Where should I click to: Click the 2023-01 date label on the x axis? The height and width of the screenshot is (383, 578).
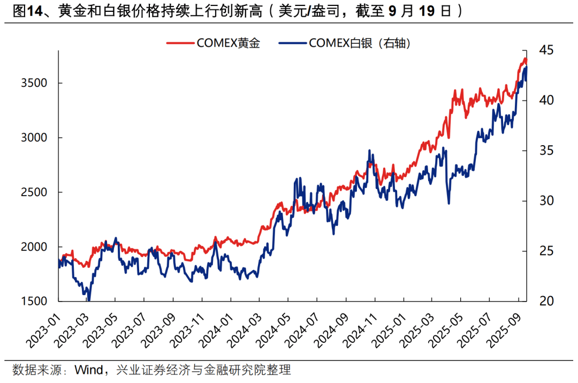pyautogui.click(x=43, y=328)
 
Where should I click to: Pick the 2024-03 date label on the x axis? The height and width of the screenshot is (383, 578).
pyautogui.click(x=246, y=328)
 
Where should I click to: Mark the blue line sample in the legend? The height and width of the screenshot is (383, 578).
pyautogui.click(x=292, y=44)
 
